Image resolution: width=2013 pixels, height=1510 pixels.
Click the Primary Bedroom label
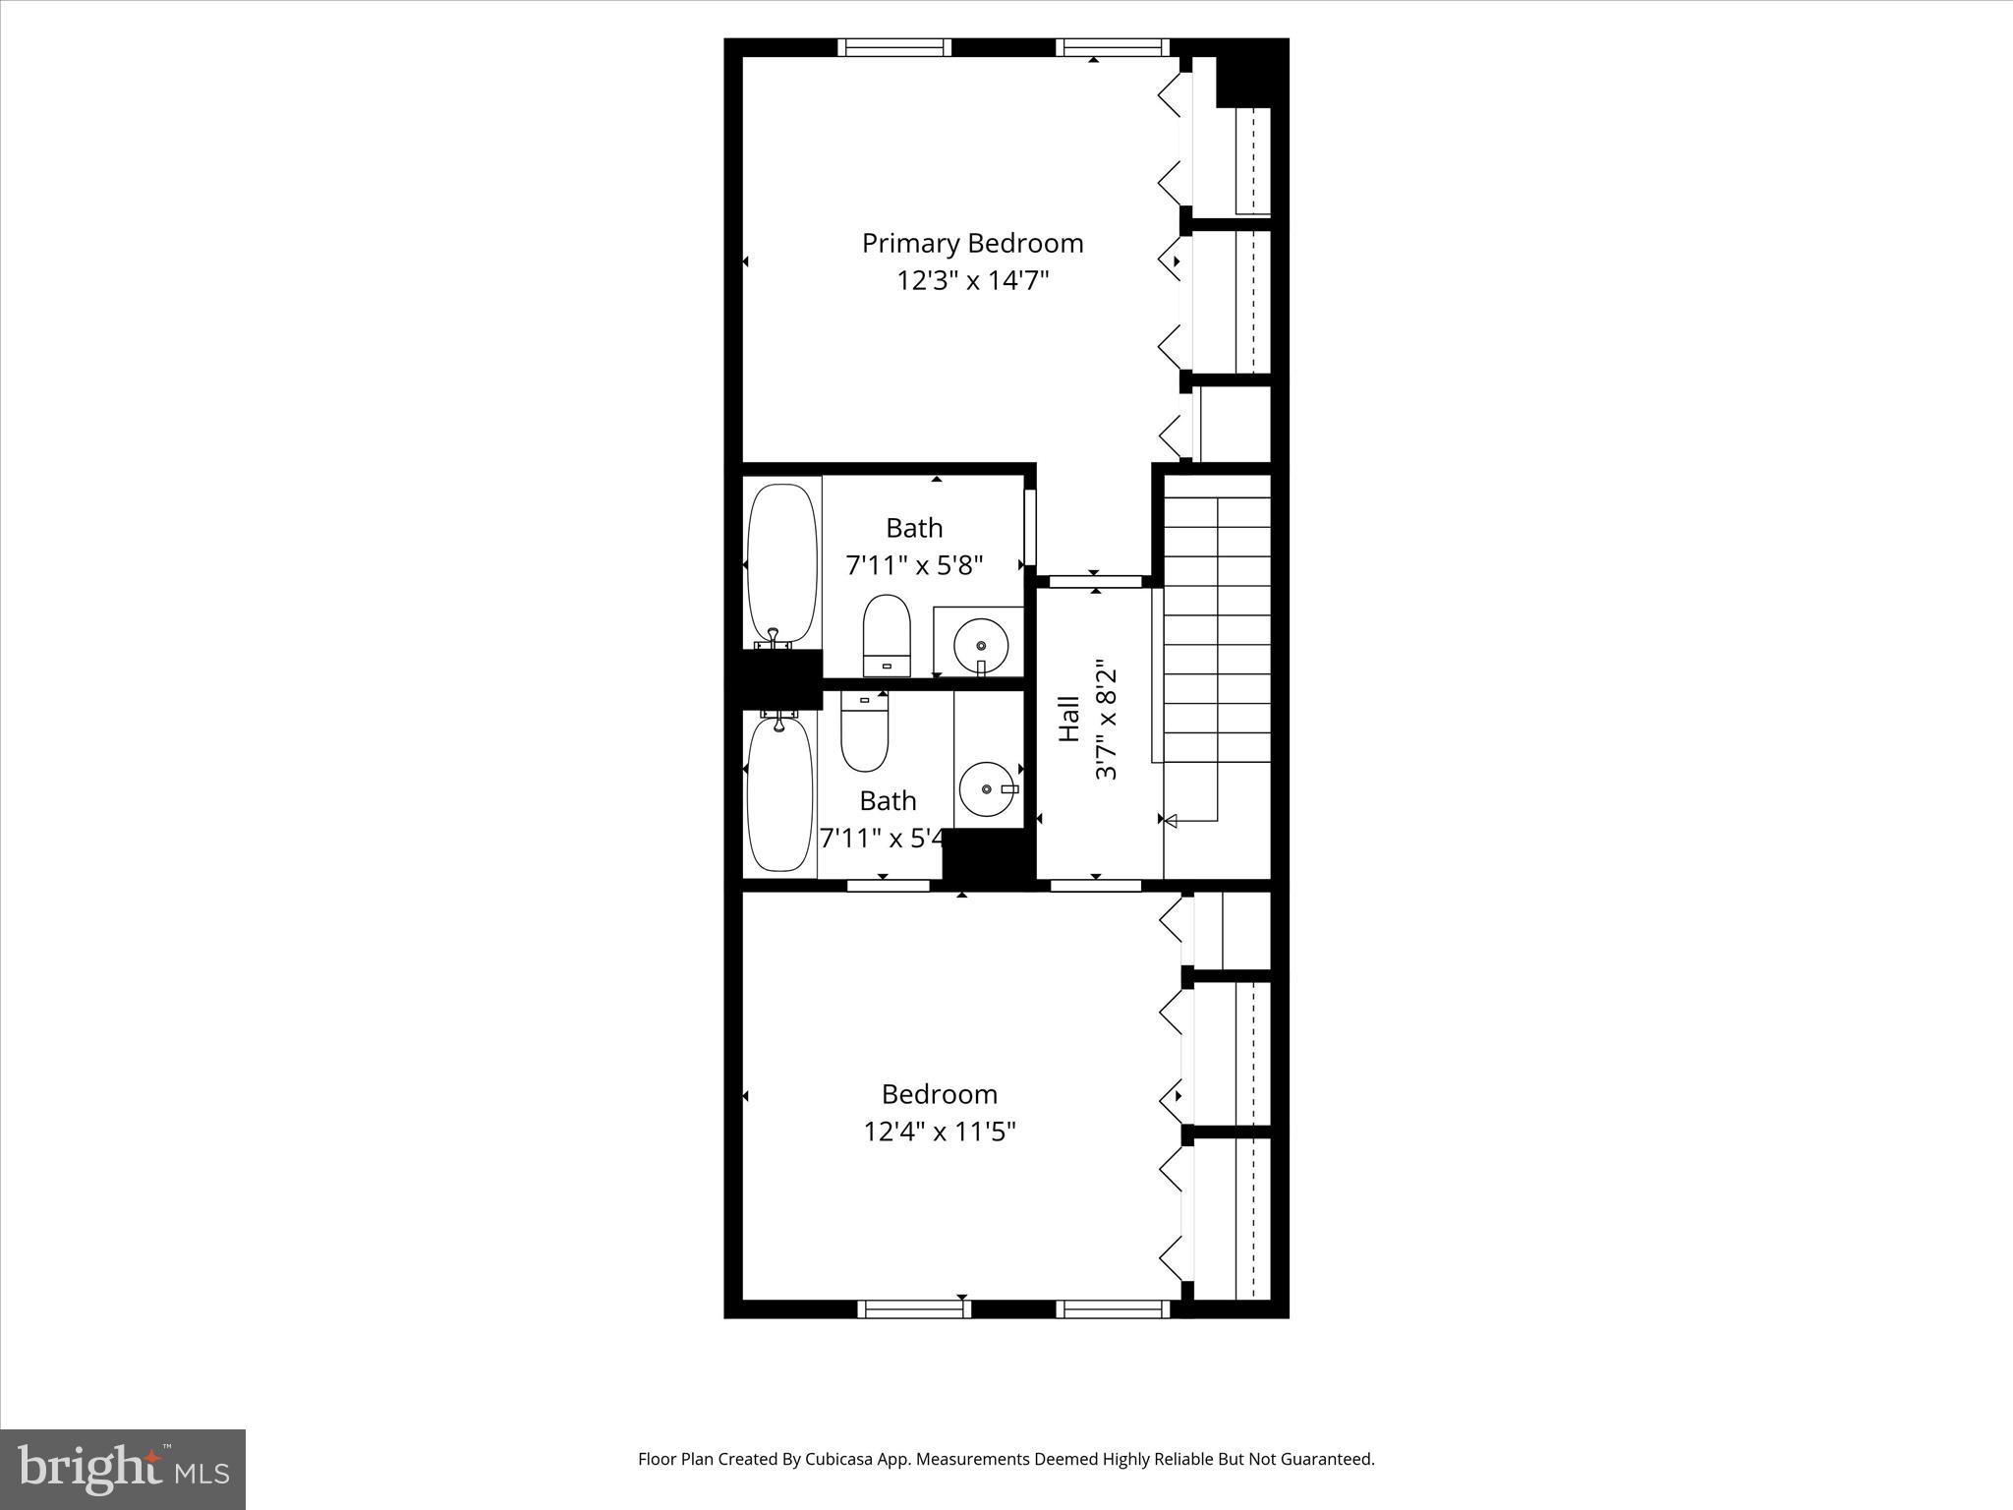(972, 243)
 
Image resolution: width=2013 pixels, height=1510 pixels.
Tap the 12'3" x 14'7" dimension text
(972, 281)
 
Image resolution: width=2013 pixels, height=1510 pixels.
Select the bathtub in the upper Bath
(782, 563)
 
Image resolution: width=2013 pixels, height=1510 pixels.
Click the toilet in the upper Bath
(887, 634)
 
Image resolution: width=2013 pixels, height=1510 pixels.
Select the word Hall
(1069, 719)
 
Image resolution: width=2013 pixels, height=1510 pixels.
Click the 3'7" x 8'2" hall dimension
(1107, 719)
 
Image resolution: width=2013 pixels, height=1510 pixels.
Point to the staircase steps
(1217, 629)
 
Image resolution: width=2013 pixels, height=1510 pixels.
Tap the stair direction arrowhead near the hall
(1170, 819)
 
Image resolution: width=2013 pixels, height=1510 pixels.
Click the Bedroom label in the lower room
(939, 1094)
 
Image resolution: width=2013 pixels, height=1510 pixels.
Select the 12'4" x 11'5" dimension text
(939, 1132)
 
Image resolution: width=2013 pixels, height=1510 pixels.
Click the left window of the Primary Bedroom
(894, 47)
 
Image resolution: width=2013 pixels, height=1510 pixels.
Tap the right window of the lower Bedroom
(1113, 1308)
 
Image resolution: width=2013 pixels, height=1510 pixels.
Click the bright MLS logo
(123, 1469)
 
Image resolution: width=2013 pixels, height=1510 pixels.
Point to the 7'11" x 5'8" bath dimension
(914, 565)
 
